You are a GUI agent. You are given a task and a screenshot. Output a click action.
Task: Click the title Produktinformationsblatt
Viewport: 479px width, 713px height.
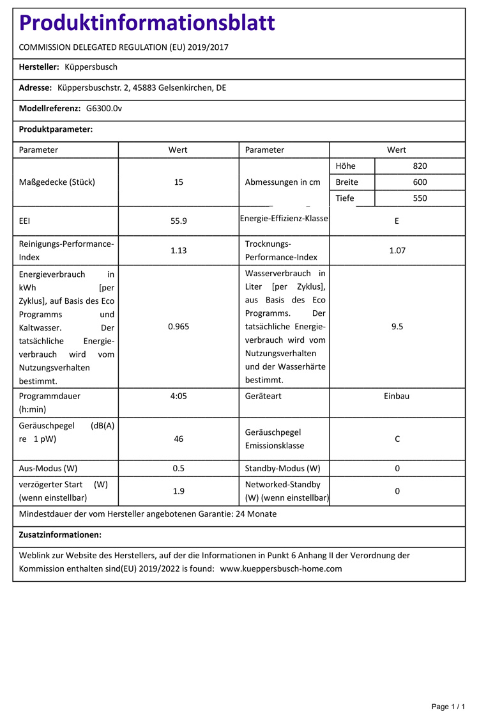pyautogui.click(x=147, y=23)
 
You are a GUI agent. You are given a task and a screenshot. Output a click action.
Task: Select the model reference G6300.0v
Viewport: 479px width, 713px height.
pyautogui.click(x=104, y=108)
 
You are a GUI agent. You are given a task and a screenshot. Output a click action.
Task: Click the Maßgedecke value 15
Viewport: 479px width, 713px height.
pyautogui.click(x=178, y=182)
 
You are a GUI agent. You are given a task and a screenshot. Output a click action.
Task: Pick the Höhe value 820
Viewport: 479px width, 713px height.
pyautogui.click(x=420, y=166)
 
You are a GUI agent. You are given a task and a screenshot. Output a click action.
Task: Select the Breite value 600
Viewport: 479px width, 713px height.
pyautogui.click(x=420, y=182)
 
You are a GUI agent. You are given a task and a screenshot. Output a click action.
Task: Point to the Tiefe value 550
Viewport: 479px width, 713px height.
pyautogui.click(x=420, y=198)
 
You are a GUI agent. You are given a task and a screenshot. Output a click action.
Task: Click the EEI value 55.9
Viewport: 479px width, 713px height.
pyautogui.click(x=178, y=221)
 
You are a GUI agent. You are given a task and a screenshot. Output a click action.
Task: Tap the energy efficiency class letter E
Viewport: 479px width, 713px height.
pyautogui.click(x=397, y=221)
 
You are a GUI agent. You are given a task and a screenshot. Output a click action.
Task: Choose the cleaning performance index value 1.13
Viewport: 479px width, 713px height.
pyautogui.click(x=178, y=251)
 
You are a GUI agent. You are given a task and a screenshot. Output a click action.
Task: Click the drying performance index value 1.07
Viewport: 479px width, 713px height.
pyautogui.click(x=397, y=251)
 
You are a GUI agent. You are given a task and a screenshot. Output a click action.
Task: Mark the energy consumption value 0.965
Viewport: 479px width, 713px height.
pyautogui.click(x=178, y=326)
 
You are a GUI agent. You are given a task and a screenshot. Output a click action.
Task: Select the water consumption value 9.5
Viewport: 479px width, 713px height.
pyautogui.click(x=397, y=326)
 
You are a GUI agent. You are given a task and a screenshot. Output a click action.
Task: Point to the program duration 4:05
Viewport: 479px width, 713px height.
pyautogui.click(x=178, y=396)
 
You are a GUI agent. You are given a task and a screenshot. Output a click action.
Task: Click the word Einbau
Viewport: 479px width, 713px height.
pyautogui.click(x=397, y=396)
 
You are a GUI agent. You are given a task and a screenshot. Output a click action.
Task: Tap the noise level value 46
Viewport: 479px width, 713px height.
pyautogui.click(x=178, y=439)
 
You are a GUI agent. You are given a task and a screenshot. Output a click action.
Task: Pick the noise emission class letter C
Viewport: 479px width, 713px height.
pyautogui.click(x=397, y=439)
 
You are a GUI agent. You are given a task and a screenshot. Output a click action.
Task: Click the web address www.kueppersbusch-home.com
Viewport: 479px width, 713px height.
pyautogui.click(x=281, y=568)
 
